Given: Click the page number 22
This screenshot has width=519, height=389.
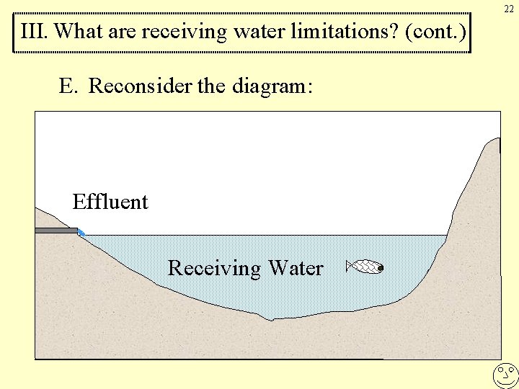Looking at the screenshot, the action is coord(509,9).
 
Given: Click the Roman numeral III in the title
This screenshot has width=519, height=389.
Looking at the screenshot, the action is coord(34,32).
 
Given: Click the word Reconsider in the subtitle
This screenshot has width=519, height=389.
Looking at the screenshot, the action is coord(140,86).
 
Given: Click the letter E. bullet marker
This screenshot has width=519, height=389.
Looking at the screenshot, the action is coord(68,86).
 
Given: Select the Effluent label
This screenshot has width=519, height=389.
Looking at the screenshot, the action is coord(110,202).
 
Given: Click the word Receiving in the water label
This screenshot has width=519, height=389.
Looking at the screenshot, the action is coord(214,269).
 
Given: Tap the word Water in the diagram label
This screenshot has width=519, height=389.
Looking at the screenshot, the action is coord(296,268).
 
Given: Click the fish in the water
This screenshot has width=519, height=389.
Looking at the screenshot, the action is coord(365,267).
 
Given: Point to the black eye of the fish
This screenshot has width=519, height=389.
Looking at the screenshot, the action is coord(380,269).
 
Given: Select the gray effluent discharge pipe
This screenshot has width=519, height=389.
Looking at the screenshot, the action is coord(56,231).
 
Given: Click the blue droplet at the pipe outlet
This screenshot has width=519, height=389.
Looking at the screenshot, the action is coord(81,233).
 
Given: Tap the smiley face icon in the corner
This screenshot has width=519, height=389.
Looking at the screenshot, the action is coord(506,375).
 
